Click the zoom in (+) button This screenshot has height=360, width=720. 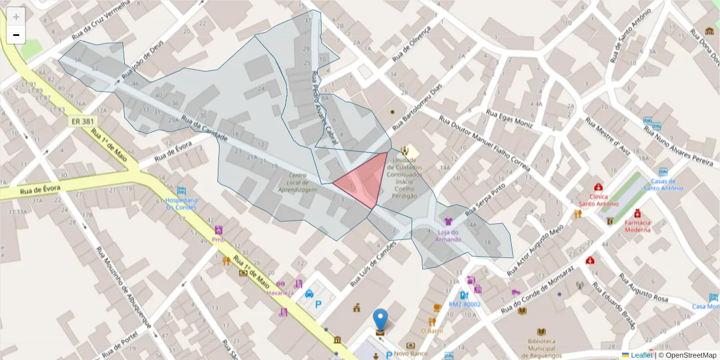coord(16,17)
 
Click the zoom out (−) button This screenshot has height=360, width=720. coord(16,35)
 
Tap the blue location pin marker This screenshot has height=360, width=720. coord(380,320)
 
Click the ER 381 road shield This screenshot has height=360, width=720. coord(82,122)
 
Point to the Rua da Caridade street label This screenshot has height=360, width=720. coord(204,130)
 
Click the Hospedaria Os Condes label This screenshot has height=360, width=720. coord(182,203)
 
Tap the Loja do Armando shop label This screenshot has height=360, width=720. coord(448,236)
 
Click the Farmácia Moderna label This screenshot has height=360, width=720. coord(637,226)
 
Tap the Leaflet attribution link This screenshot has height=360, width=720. coord(641,355)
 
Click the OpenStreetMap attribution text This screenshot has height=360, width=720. coord(687,355)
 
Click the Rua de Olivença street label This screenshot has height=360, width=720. coord(412,44)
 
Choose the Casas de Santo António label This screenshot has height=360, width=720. coord(663,184)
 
